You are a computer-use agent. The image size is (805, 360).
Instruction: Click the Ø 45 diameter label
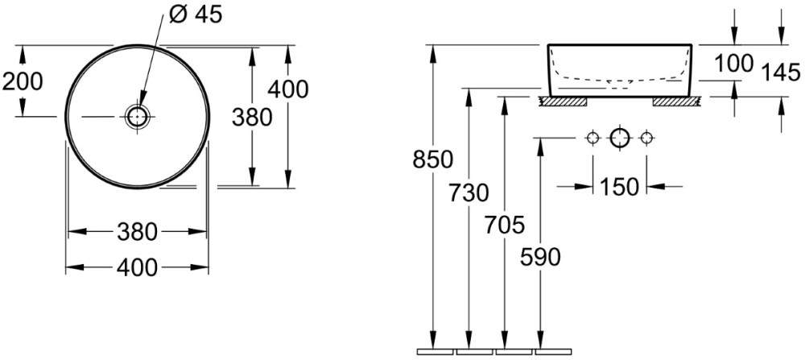196,14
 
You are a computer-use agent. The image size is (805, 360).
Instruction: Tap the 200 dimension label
23,81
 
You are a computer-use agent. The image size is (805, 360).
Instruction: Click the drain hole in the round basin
137,117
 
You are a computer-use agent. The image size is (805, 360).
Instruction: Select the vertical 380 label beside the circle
251,118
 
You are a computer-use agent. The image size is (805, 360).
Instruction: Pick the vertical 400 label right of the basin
288,89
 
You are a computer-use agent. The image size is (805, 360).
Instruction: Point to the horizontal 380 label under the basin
137,232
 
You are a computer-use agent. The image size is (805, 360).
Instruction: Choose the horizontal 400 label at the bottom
137,267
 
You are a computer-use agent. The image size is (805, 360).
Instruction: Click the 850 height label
433,159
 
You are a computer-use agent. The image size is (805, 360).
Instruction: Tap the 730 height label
469,193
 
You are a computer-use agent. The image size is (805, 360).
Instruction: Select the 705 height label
504,225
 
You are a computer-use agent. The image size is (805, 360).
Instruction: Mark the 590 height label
540,257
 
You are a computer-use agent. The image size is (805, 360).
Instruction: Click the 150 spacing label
619,186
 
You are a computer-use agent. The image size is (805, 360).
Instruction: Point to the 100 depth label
734,63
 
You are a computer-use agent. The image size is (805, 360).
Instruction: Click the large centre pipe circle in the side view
620,138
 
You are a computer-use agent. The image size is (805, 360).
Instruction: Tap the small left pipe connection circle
593,138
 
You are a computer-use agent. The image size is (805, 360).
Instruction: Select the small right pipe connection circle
646,138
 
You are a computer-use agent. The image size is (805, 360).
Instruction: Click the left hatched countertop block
563,101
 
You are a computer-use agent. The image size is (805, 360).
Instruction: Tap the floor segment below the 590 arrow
554,352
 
